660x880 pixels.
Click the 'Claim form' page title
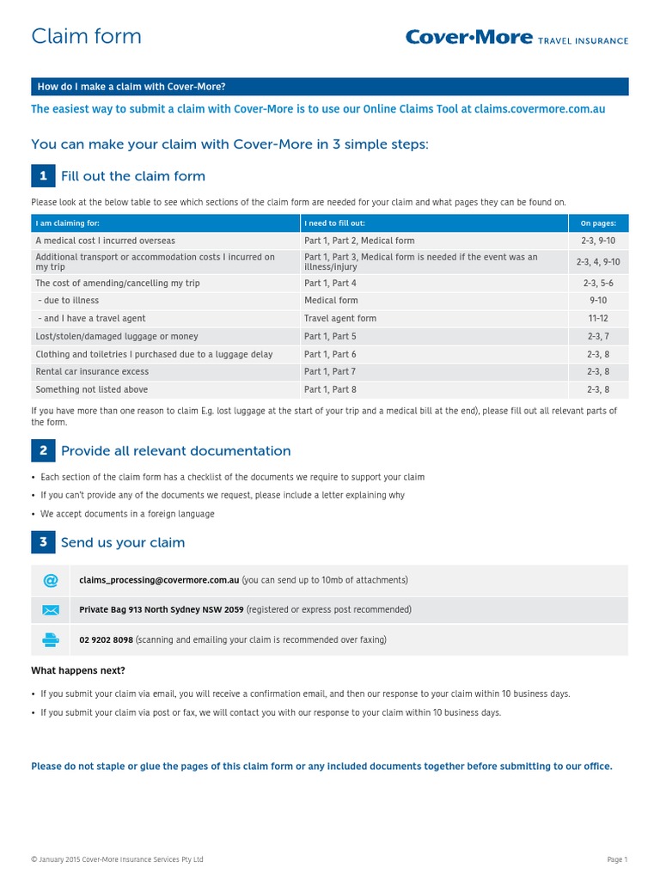pos(86,36)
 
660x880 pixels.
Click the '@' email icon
pos(51,580)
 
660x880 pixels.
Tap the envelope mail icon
pos(51,610)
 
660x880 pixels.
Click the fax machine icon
pos(51,639)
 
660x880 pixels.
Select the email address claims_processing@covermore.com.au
pos(159,580)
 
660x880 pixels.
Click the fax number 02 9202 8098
pos(106,639)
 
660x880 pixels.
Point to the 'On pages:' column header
pos(598,223)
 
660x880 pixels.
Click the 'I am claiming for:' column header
pos(68,223)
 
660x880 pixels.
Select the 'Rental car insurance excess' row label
pos(92,371)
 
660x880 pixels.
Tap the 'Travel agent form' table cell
pos(340,318)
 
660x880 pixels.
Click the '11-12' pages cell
pos(598,318)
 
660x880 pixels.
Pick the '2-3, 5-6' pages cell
pos(598,283)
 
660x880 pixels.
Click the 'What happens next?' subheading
pos(78,670)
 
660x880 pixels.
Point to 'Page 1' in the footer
pos(617,859)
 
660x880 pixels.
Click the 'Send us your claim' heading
pos(123,542)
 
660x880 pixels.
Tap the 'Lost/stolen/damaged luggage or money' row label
pos(117,336)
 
